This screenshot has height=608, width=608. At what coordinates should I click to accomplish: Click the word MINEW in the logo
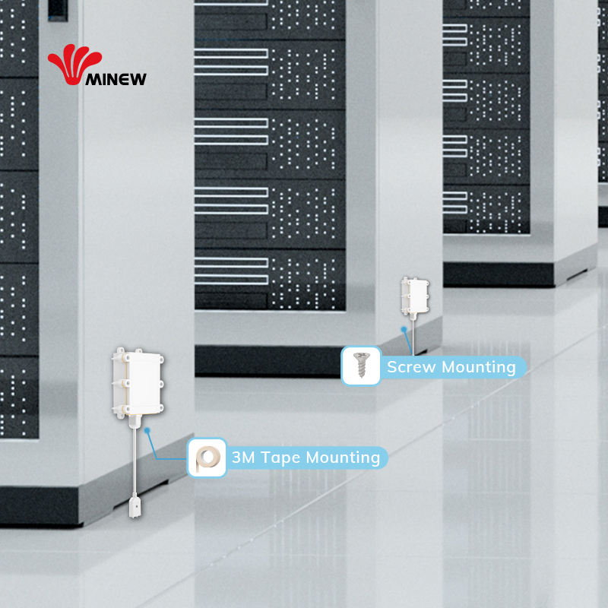click(116, 78)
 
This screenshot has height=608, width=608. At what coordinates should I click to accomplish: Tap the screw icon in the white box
click(360, 366)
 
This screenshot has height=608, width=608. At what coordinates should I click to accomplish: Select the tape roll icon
click(207, 458)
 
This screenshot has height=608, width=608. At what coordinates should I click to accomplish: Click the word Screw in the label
click(412, 367)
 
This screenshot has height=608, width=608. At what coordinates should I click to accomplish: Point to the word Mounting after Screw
click(479, 367)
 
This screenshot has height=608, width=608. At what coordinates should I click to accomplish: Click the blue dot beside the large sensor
click(148, 429)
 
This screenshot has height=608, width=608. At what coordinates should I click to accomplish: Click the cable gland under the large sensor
click(134, 419)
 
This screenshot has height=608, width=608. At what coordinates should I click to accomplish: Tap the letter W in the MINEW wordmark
click(138, 78)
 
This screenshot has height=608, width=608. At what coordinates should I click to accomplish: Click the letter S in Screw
click(393, 367)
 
